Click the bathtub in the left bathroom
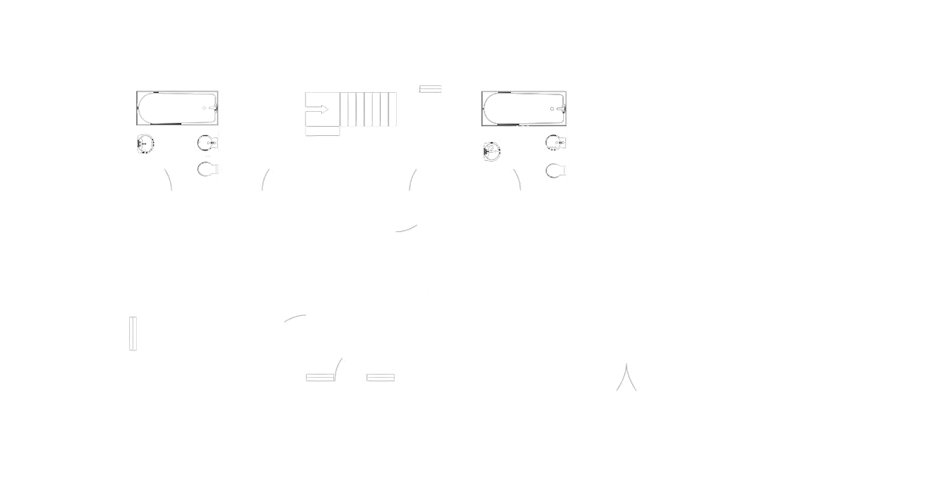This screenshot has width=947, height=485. pos(178,108)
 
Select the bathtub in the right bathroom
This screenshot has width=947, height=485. pos(525,108)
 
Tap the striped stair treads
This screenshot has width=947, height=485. pos(367,108)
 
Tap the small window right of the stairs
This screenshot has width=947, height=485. pos(430,90)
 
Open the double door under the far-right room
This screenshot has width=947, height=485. pos(625,378)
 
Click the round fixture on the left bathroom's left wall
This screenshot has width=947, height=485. pos(145,143)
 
